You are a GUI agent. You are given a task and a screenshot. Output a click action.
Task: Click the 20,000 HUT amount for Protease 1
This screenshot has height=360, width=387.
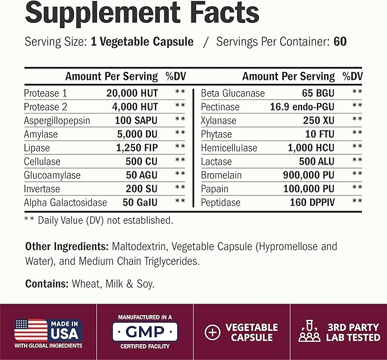click(x=132, y=93)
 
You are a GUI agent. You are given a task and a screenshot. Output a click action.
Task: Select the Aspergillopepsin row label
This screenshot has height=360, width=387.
click(x=57, y=121)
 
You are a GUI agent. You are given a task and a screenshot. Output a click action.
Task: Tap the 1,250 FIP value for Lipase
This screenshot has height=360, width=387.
click(x=137, y=148)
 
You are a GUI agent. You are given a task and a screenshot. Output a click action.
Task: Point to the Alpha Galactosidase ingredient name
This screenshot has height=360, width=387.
click(x=66, y=203)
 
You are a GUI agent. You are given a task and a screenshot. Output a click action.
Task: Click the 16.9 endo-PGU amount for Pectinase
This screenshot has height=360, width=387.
click(x=302, y=107)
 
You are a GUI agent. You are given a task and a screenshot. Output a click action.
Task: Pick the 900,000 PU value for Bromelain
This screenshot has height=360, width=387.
click(x=308, y=175)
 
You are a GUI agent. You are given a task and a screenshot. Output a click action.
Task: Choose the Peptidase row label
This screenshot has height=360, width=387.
click(x=221, y=203)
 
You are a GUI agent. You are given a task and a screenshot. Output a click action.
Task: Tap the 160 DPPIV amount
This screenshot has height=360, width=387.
click(x=312, y=202)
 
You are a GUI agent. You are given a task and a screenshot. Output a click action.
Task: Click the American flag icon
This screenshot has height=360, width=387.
click(x=31, y=330)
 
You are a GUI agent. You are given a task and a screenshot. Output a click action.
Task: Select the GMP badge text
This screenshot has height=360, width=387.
click(x=145, y=332)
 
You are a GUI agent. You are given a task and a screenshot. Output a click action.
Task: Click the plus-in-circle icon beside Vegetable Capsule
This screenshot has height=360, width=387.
click(x=213, y=332)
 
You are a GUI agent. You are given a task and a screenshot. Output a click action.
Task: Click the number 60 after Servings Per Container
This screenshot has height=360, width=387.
click(x=340, y=42)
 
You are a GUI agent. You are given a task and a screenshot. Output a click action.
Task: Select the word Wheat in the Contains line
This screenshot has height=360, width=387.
click(x=87, y=284)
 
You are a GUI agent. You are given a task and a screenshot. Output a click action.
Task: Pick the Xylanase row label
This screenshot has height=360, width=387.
click(x=218, y=121)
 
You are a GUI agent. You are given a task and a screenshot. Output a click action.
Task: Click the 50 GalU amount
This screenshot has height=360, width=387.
click(x=140, y=202)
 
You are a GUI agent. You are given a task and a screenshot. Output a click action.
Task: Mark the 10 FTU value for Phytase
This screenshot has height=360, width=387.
click(x=320, y=134)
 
